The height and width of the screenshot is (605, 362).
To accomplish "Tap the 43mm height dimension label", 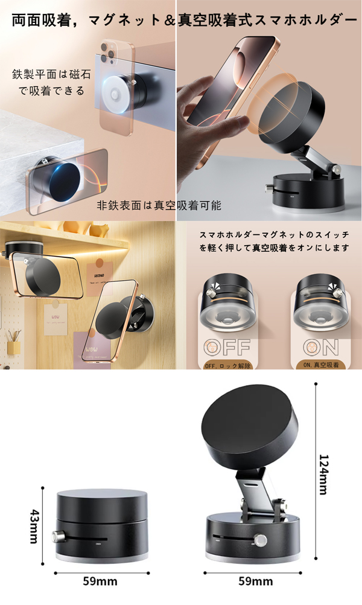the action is tap(34, 527).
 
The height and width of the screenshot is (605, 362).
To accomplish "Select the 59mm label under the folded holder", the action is tap(100, 581).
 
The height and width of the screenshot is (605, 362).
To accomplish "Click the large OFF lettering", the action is tap(227, 348).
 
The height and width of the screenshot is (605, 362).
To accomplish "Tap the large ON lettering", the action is tap(321, 347).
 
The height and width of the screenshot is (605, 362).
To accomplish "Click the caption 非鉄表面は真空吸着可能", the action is tap(159, 205).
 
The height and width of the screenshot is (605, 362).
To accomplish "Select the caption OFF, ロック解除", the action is tap(227, 366).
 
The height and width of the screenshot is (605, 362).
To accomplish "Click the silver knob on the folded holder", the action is tap(57, 536).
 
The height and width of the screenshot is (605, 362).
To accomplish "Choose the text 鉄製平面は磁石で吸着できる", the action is tap(51, 82).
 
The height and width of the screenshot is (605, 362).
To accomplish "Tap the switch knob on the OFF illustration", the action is tap(211, 293).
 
